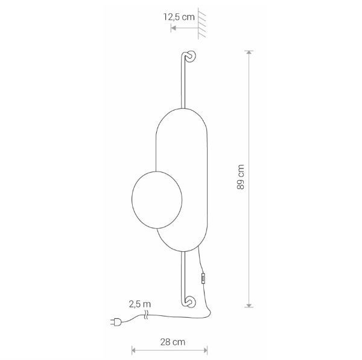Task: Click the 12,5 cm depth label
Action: [x=179, y=17]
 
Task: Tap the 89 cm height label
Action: [x=241, y=177]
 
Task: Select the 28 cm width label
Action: [x=173, y=342]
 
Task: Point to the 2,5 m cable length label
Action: [x=140, y=304]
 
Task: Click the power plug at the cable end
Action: [x=116, y=321]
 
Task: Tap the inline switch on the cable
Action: [x=203, y=278]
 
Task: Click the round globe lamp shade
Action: [x=157, y=200]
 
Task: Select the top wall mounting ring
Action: [x=191, y=56]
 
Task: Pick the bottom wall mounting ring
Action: [x=191, y=302]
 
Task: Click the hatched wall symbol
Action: [x=202, y=23]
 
